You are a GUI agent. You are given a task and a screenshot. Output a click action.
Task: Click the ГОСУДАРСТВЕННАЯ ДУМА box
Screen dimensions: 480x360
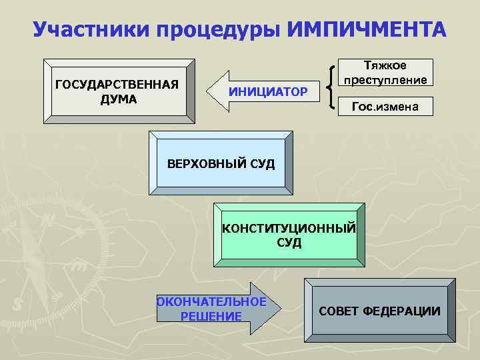(x=119, y=91)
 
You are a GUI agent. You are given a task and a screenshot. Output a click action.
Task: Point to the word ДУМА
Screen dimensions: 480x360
(x=119, y=99)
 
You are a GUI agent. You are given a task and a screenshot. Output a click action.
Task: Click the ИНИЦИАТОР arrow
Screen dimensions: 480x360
(x=260, y=91)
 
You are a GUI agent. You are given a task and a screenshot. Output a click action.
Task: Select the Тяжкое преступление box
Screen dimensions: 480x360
(x=385, y=73)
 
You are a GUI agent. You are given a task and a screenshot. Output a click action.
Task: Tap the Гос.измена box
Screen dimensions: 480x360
(x=386, y=106)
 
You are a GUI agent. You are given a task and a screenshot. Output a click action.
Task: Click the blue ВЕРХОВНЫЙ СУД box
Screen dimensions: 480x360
(x=220, y=163)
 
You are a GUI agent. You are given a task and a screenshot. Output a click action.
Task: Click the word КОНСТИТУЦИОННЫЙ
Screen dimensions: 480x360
(x=289, y=229)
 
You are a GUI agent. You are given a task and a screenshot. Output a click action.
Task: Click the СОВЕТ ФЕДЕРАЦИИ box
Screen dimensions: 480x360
(x=379, y=311)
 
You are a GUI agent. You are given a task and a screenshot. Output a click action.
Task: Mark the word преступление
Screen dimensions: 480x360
(x=385, y=80)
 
